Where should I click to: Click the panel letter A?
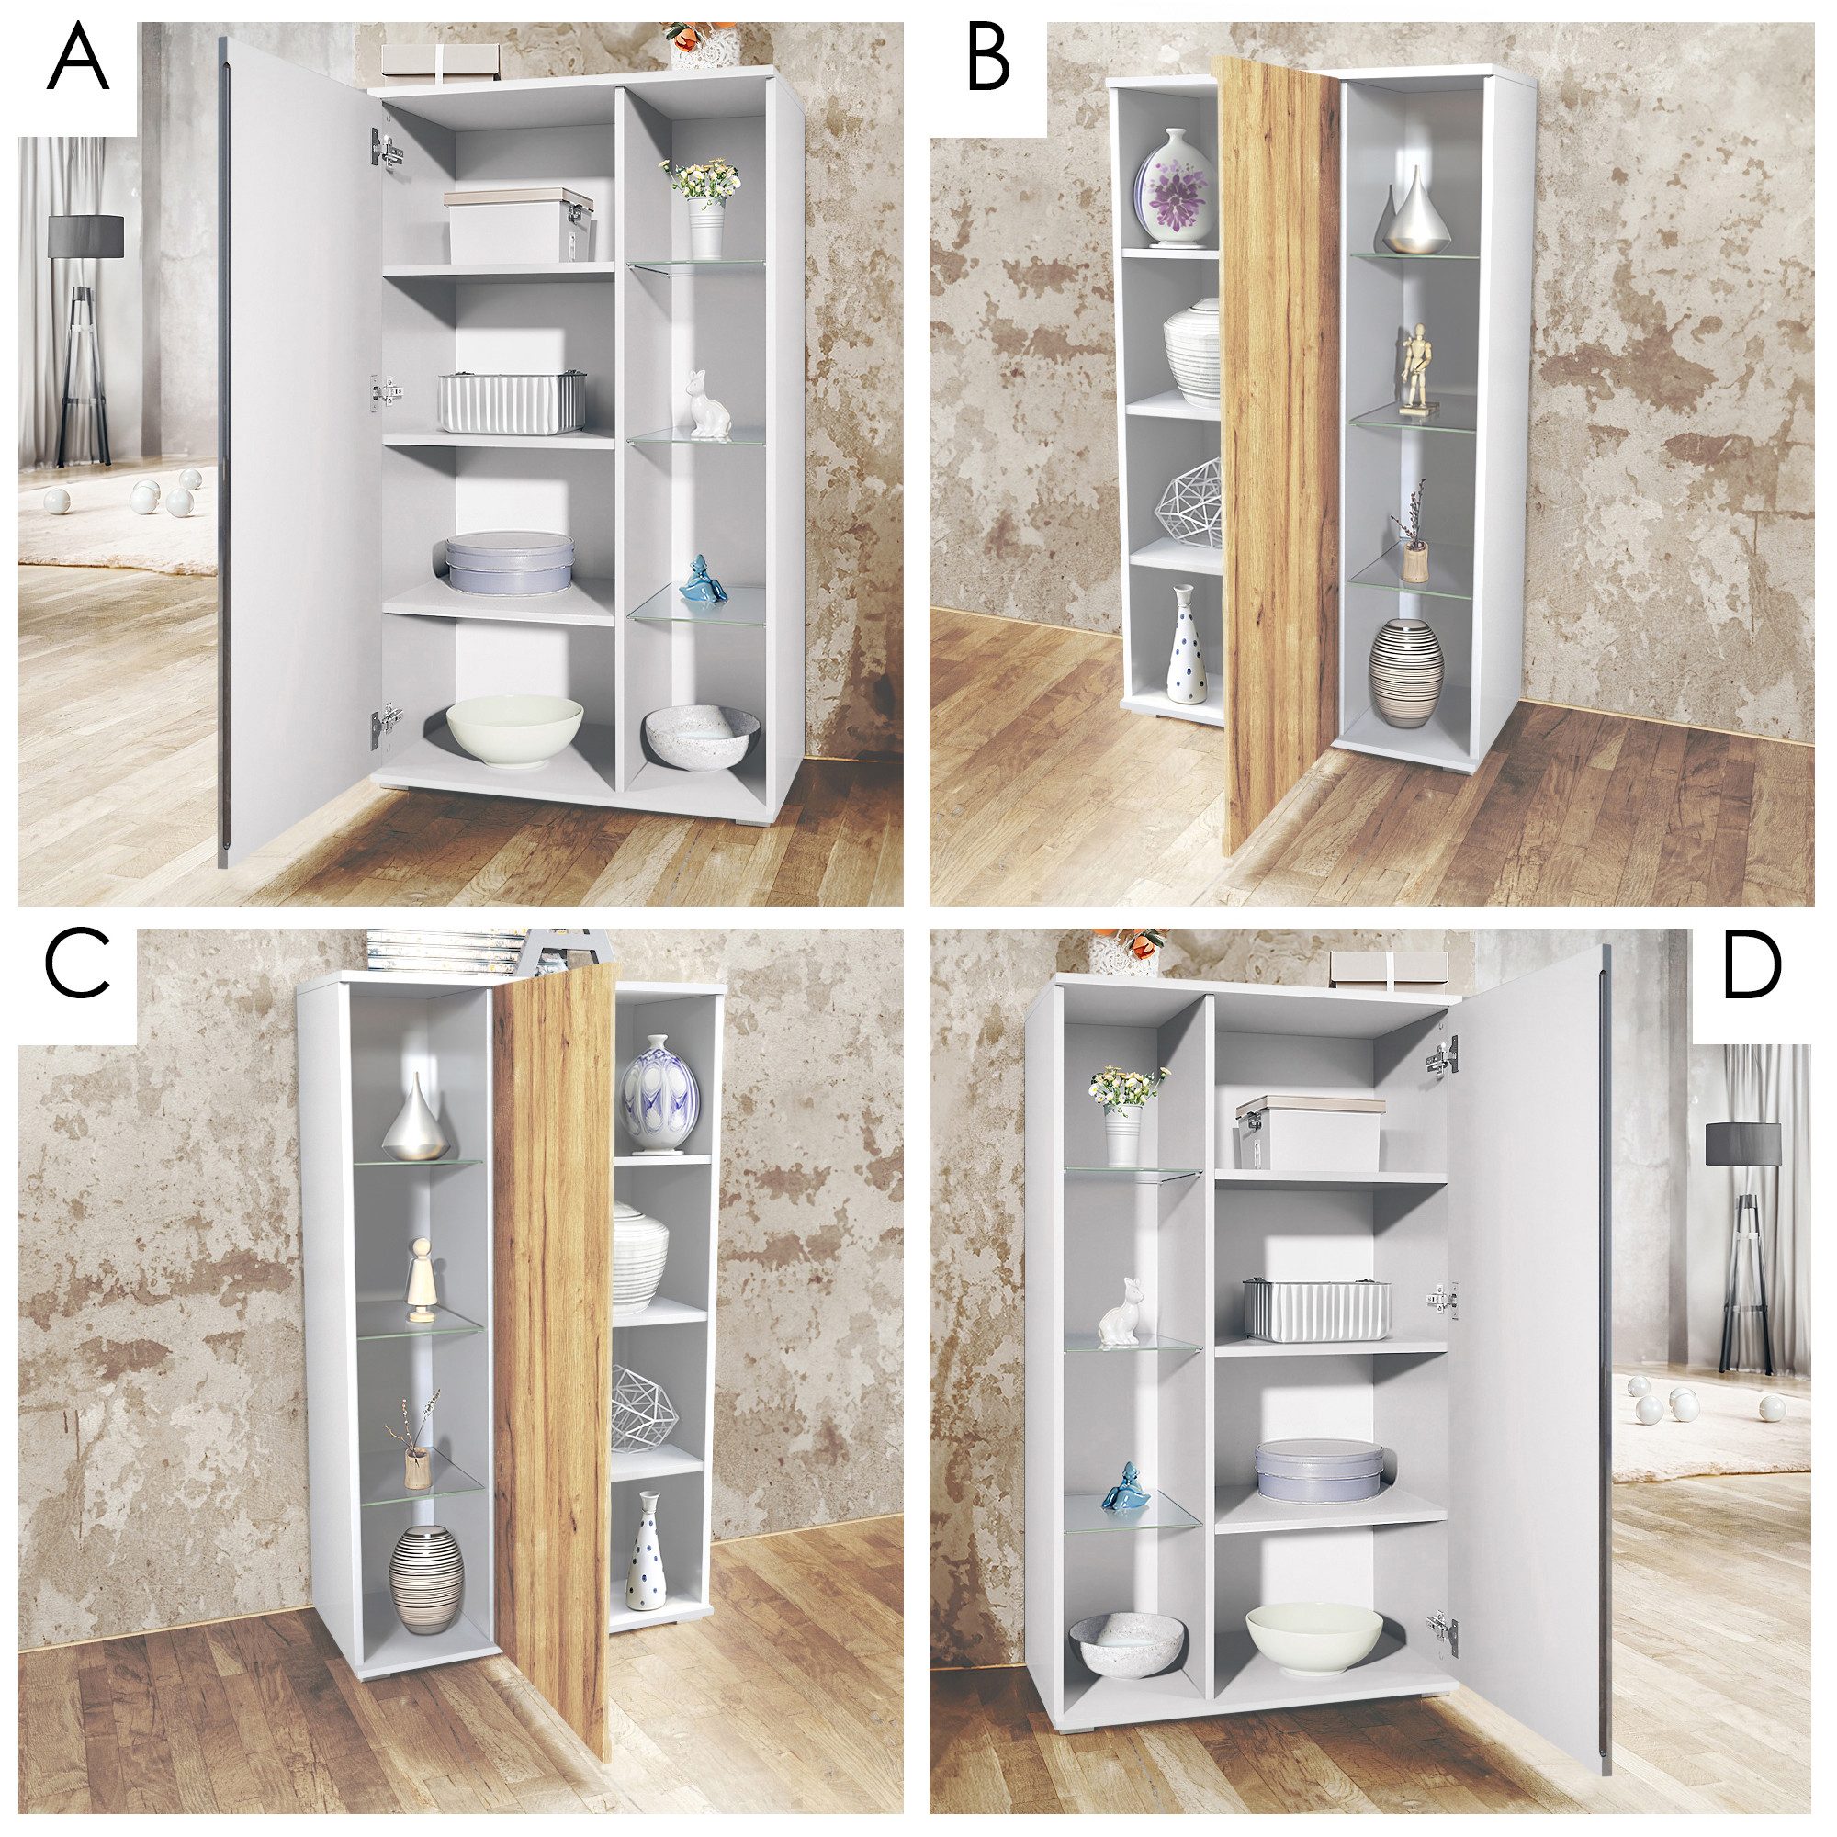pyautogui.click(x=79, y=60)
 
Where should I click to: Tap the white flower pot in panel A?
pyautogui.click(x=704, y=231)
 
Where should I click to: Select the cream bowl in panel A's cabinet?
pyautogui.click(x=514, y=732)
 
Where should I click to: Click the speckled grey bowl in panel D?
pyautogui.click(x=1127, y=1644)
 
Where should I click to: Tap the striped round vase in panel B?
pyautogui.click(x=1405, y=672)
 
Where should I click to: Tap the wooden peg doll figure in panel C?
pyautogui.click(x=420, y=1279)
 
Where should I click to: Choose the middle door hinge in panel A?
pyautogui.click(x=386, y=389)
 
